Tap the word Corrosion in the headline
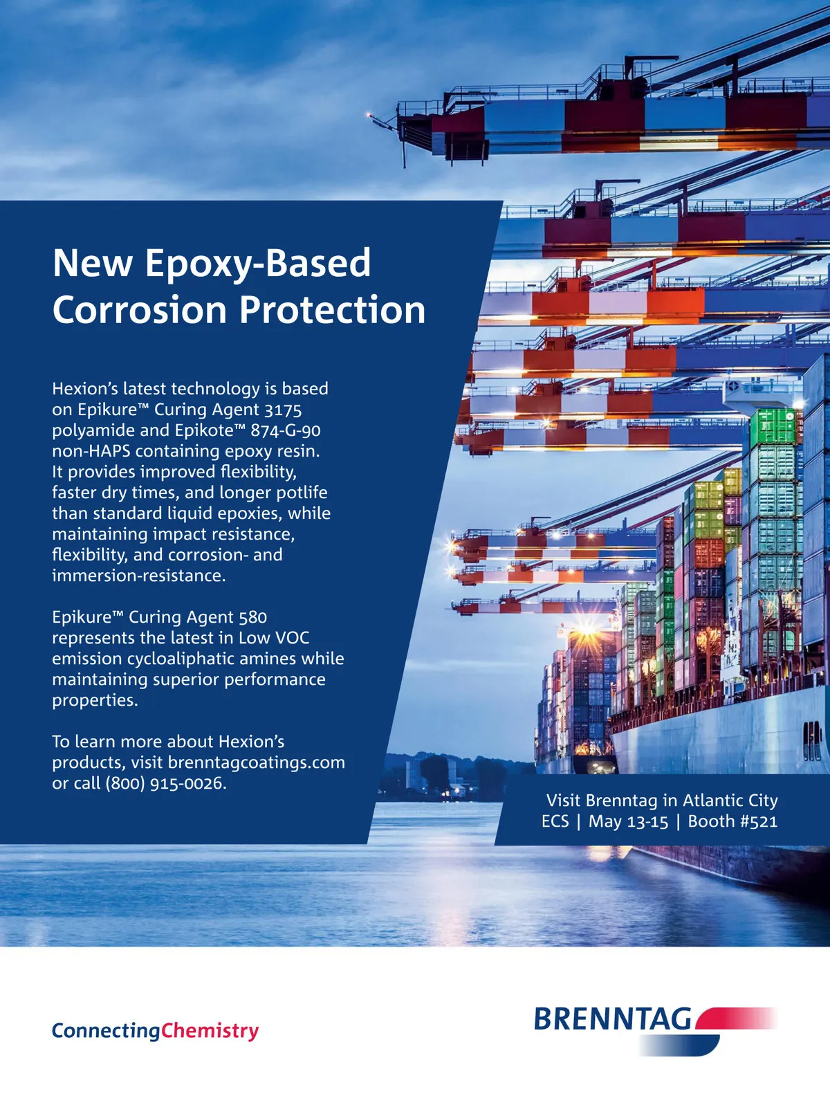tap(139, 309)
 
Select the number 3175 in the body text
tap(283, 410)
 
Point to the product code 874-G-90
tap(285, 431)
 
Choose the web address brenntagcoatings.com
tap(257, 762)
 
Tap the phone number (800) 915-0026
tap(165, 783)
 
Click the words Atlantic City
tap(730, 801)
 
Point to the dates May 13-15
tap(628, 822)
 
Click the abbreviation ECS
tap(555, 821)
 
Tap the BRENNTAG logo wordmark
tap(614, 1019)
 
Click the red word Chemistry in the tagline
tap(210, 1030)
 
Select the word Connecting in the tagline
tap(106, 1031)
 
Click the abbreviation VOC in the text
tap(293, 638)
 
